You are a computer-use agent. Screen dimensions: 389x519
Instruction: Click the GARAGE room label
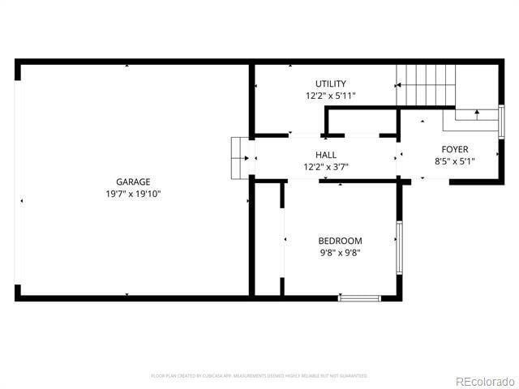tap(133, 182)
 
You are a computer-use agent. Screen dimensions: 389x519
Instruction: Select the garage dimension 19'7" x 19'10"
tap(133, 194)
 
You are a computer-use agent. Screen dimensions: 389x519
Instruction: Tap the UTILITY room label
tap(331, 83)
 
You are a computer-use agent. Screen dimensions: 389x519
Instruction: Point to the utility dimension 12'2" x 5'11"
tap(331, 96)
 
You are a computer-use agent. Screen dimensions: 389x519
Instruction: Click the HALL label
tap(326, 155)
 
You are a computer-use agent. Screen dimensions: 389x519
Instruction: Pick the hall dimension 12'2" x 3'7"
tap(326, 167)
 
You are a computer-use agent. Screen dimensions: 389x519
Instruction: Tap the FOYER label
tap(454, 149)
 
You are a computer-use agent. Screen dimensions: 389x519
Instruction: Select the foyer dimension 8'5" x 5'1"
tap(454, 161)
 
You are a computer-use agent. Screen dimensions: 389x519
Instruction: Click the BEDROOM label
tap(340, 241)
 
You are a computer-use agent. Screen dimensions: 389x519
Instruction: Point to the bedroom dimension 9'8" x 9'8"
tap(340, 253)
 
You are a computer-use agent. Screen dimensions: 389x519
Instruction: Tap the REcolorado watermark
tap(484, 381)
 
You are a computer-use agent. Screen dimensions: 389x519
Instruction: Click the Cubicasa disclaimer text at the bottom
tap(259, 376)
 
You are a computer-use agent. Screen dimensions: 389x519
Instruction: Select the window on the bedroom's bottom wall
tap(359, 298)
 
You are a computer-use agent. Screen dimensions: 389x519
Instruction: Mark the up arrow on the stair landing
tap(478, 113)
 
